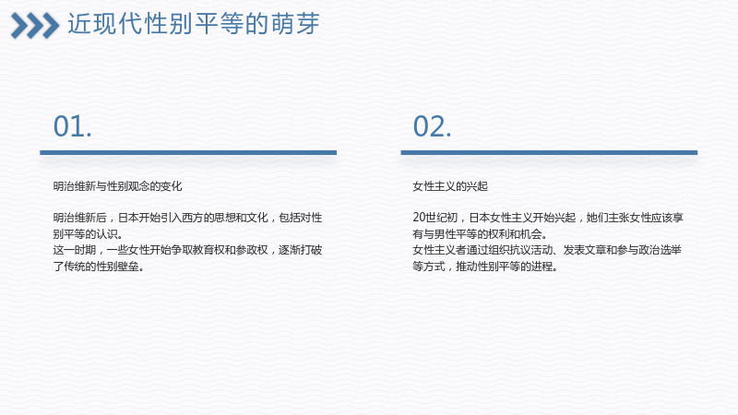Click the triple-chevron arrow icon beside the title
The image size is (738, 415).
coord(35,26)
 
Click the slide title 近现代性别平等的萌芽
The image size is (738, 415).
coord(194,24)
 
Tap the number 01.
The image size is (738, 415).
coord(73,126)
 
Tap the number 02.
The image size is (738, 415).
coord(432,126)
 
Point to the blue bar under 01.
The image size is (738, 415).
coord(188,152)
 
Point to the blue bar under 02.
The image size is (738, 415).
coord(549,152)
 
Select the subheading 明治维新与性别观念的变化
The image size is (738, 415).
coord(117,186)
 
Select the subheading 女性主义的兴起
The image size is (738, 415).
coord(450,186)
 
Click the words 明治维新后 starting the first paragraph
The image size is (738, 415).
coord(79,218)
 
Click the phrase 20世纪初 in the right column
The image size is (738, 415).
coord(434,218)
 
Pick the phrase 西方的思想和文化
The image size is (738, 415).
coord(224,218)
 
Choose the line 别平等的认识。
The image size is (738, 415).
coord(88,234)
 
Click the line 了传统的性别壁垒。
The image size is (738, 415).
coord(99,267)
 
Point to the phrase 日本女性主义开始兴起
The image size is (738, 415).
coord(522,218)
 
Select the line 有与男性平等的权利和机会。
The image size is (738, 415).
coord(480,234)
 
